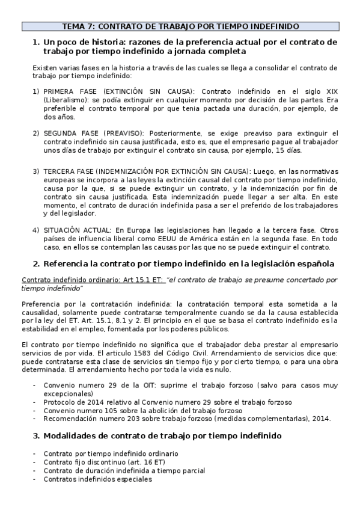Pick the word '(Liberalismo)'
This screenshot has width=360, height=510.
coord(62,100)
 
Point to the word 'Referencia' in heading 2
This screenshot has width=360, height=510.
coord(71,263)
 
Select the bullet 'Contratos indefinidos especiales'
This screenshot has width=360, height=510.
coord(97,479)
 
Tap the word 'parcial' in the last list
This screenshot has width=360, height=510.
coord(192,470)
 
